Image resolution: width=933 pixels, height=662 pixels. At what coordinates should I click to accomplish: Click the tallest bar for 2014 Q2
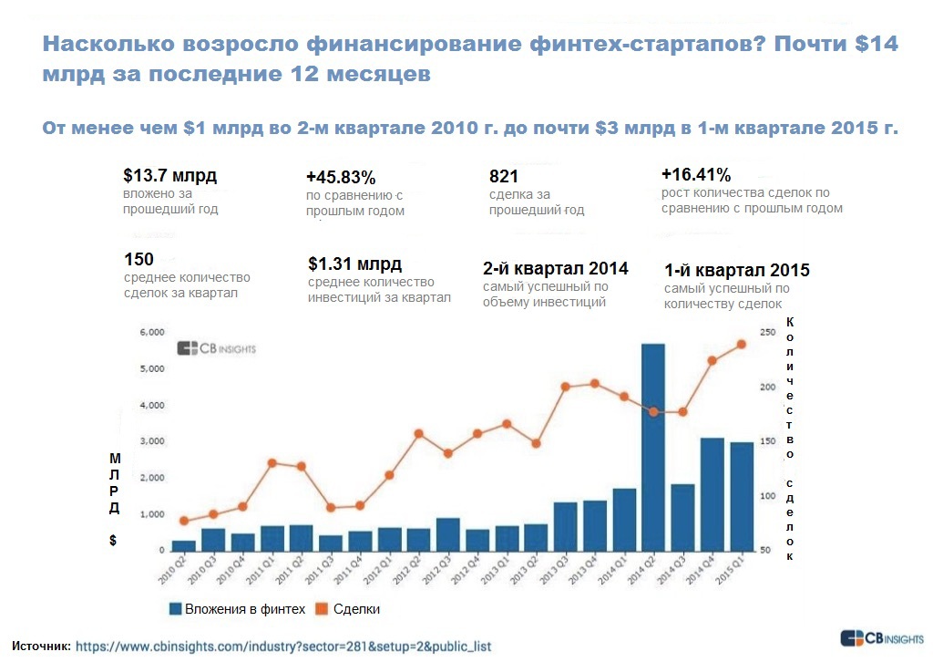(x=652, y=447)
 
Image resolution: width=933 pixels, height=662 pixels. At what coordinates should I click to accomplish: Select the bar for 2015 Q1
(x=742, y=496)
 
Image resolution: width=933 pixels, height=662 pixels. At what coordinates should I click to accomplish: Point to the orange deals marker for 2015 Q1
(x=741, y=344)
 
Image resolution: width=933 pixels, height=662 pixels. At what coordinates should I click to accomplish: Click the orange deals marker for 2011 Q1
(x=272, y=463)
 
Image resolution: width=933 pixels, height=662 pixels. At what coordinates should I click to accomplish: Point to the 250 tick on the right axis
(x=766, y=333)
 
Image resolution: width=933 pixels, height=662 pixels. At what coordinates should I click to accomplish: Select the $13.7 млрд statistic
(x=169, y=176)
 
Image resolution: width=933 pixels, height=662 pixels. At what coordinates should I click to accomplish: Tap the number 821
(x=504, y=176)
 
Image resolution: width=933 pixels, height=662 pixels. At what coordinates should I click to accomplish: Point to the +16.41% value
(x=696, y=175)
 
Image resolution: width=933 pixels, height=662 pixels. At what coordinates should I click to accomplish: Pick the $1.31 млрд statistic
(x=354, y=264)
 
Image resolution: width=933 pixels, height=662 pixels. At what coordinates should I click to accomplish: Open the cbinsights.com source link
(x=282, y=646)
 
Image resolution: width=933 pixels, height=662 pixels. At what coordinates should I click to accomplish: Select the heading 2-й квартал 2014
(x=555, y=268)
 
